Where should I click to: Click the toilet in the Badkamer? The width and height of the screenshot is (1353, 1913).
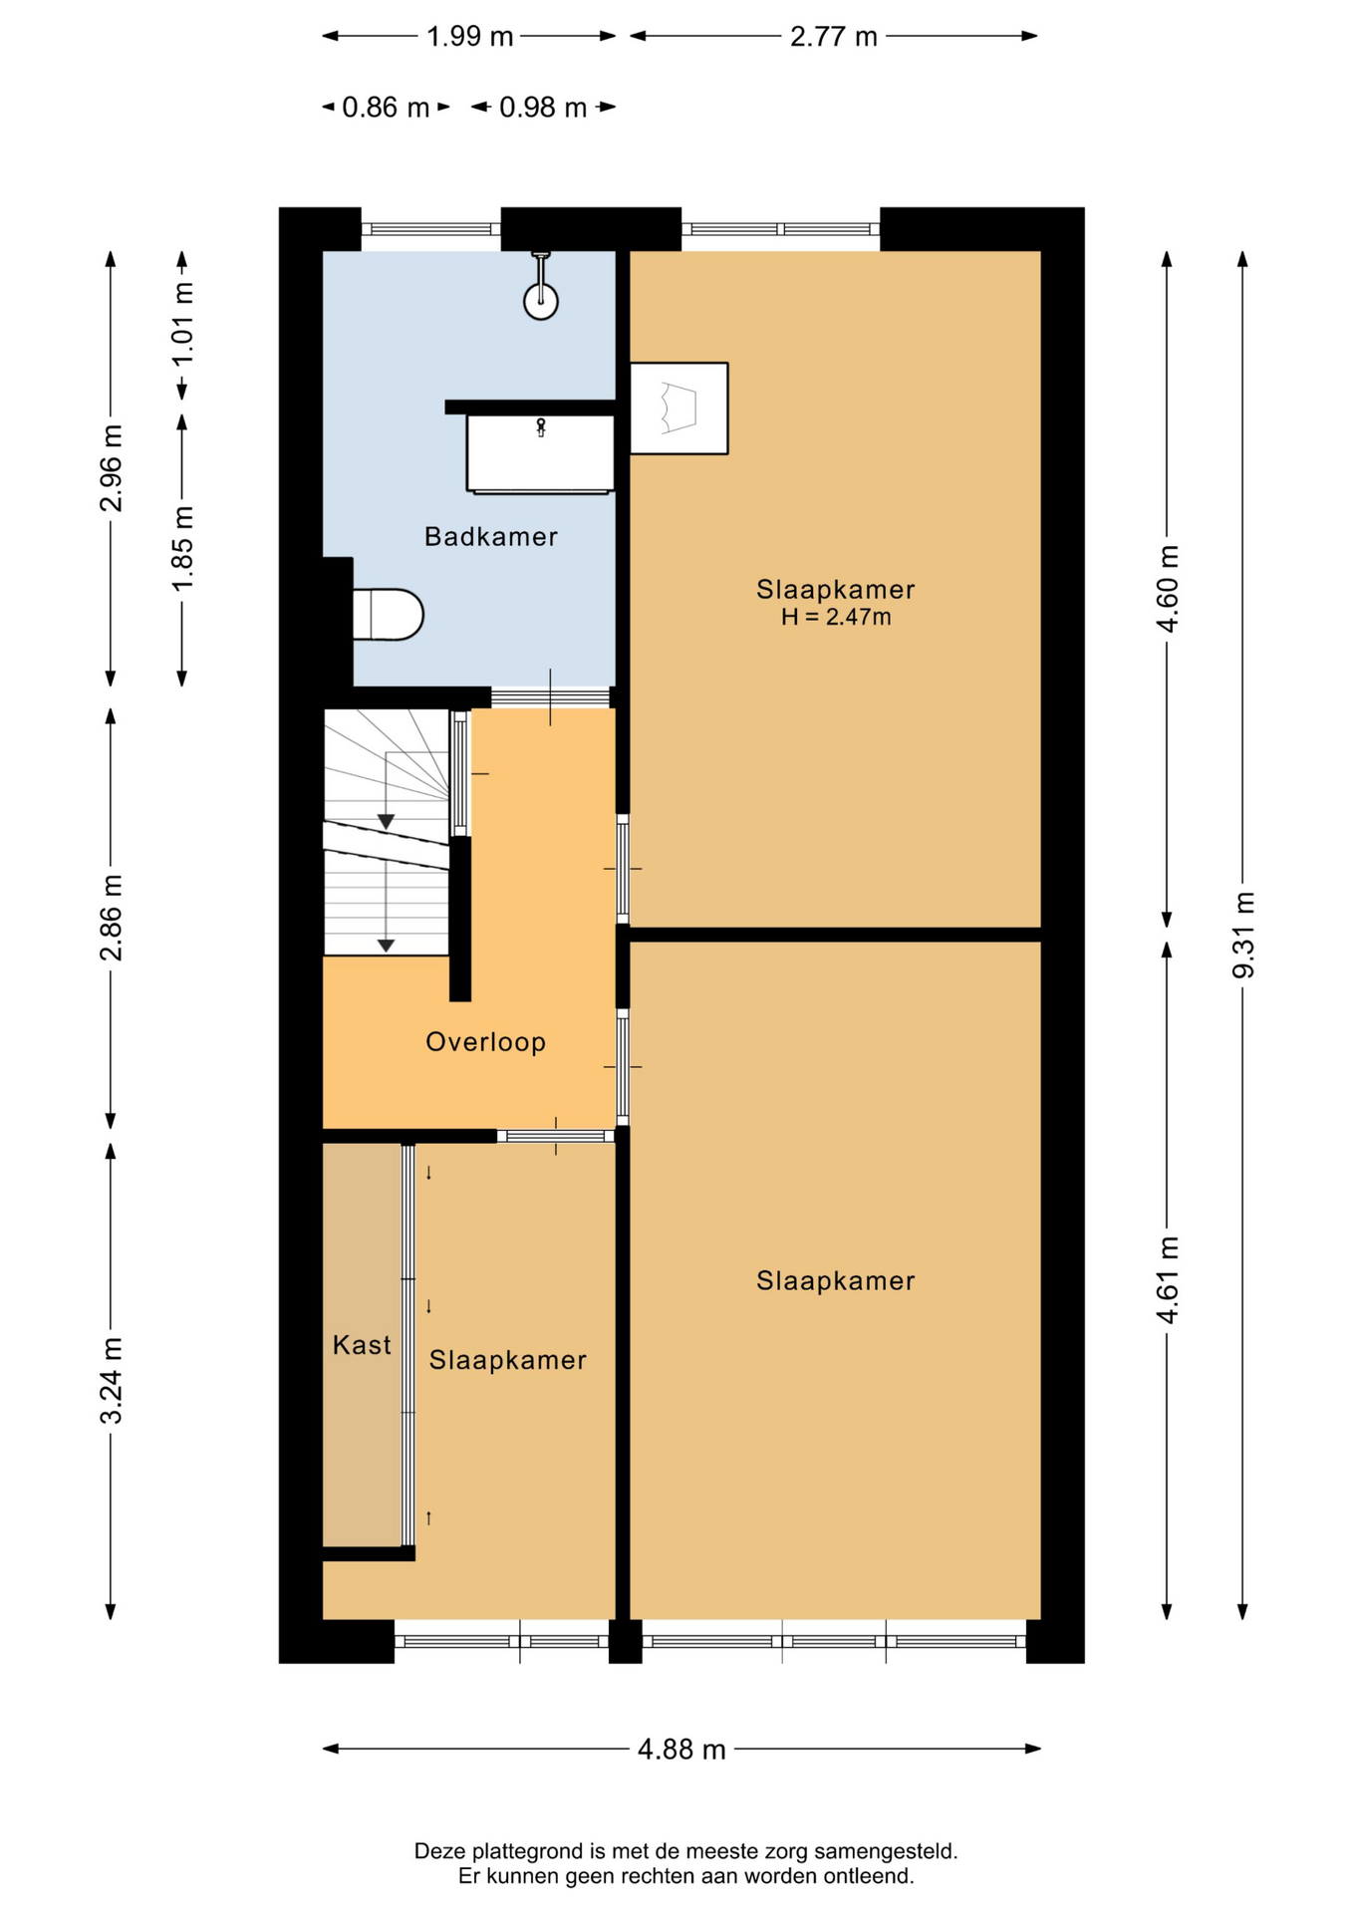point(388,615)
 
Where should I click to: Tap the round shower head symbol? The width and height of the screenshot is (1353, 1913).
point(541,301)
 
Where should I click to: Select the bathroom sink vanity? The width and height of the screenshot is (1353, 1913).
point(540,453)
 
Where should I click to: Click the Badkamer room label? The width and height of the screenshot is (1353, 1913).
point(490,537)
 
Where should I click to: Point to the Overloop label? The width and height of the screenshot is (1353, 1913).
point(485,1042)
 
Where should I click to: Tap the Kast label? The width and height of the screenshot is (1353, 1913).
point(362,1345)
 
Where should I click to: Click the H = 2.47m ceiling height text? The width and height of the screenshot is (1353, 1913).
point(836,617)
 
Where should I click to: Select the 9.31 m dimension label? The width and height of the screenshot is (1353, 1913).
point(1243,936)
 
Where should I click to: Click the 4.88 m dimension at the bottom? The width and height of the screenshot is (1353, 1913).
point(681,1749)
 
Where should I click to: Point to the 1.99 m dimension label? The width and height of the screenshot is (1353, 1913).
point(469,37)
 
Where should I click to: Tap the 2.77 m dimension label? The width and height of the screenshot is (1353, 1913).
point(833,37)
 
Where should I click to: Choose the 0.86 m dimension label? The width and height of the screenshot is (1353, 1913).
point(386,108)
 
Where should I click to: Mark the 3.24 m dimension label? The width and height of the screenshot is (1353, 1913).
point(112,1381)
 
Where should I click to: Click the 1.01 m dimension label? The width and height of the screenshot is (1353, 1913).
point(182,324)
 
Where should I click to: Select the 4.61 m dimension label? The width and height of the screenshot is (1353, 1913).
point(1168,1281)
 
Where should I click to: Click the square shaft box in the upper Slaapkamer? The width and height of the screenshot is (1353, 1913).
point(679,409)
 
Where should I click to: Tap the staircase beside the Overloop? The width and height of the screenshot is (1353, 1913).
point(387,832)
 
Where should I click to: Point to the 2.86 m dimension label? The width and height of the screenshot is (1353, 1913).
point(112,918)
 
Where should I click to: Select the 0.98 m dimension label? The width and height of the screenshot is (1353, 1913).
point(543,108)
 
